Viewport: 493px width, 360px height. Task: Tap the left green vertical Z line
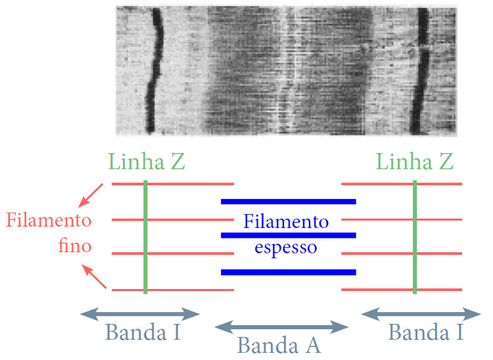point(145,236)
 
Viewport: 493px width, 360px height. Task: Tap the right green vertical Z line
point(415,236)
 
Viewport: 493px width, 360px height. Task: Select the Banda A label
point(279,344)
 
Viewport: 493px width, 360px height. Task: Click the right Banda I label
point(425,332)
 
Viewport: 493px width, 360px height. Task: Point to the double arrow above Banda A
point(281,326)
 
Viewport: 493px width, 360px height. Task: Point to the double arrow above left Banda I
point(139,313)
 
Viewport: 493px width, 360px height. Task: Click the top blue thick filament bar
point(288,201)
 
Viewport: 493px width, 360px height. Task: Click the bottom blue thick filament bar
point(288,271)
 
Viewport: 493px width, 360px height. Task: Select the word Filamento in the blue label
point(286,221)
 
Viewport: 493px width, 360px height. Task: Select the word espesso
point(286,248)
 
